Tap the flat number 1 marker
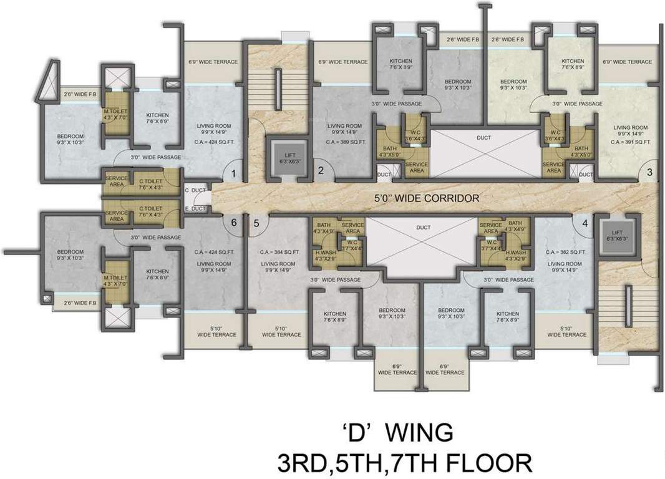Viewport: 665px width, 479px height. point(234,174)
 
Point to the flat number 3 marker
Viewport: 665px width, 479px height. point(649,172)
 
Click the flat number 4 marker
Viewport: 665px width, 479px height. point(585,223)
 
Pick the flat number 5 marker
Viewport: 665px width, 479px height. point(256,223)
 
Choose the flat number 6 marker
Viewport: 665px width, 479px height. point(234,223)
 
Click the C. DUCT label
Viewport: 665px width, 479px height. point(195,190)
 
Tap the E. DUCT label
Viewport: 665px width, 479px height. point(195,208)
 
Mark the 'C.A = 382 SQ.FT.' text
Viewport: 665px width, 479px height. point(565,252)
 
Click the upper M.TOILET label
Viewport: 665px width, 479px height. point(115,112)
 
